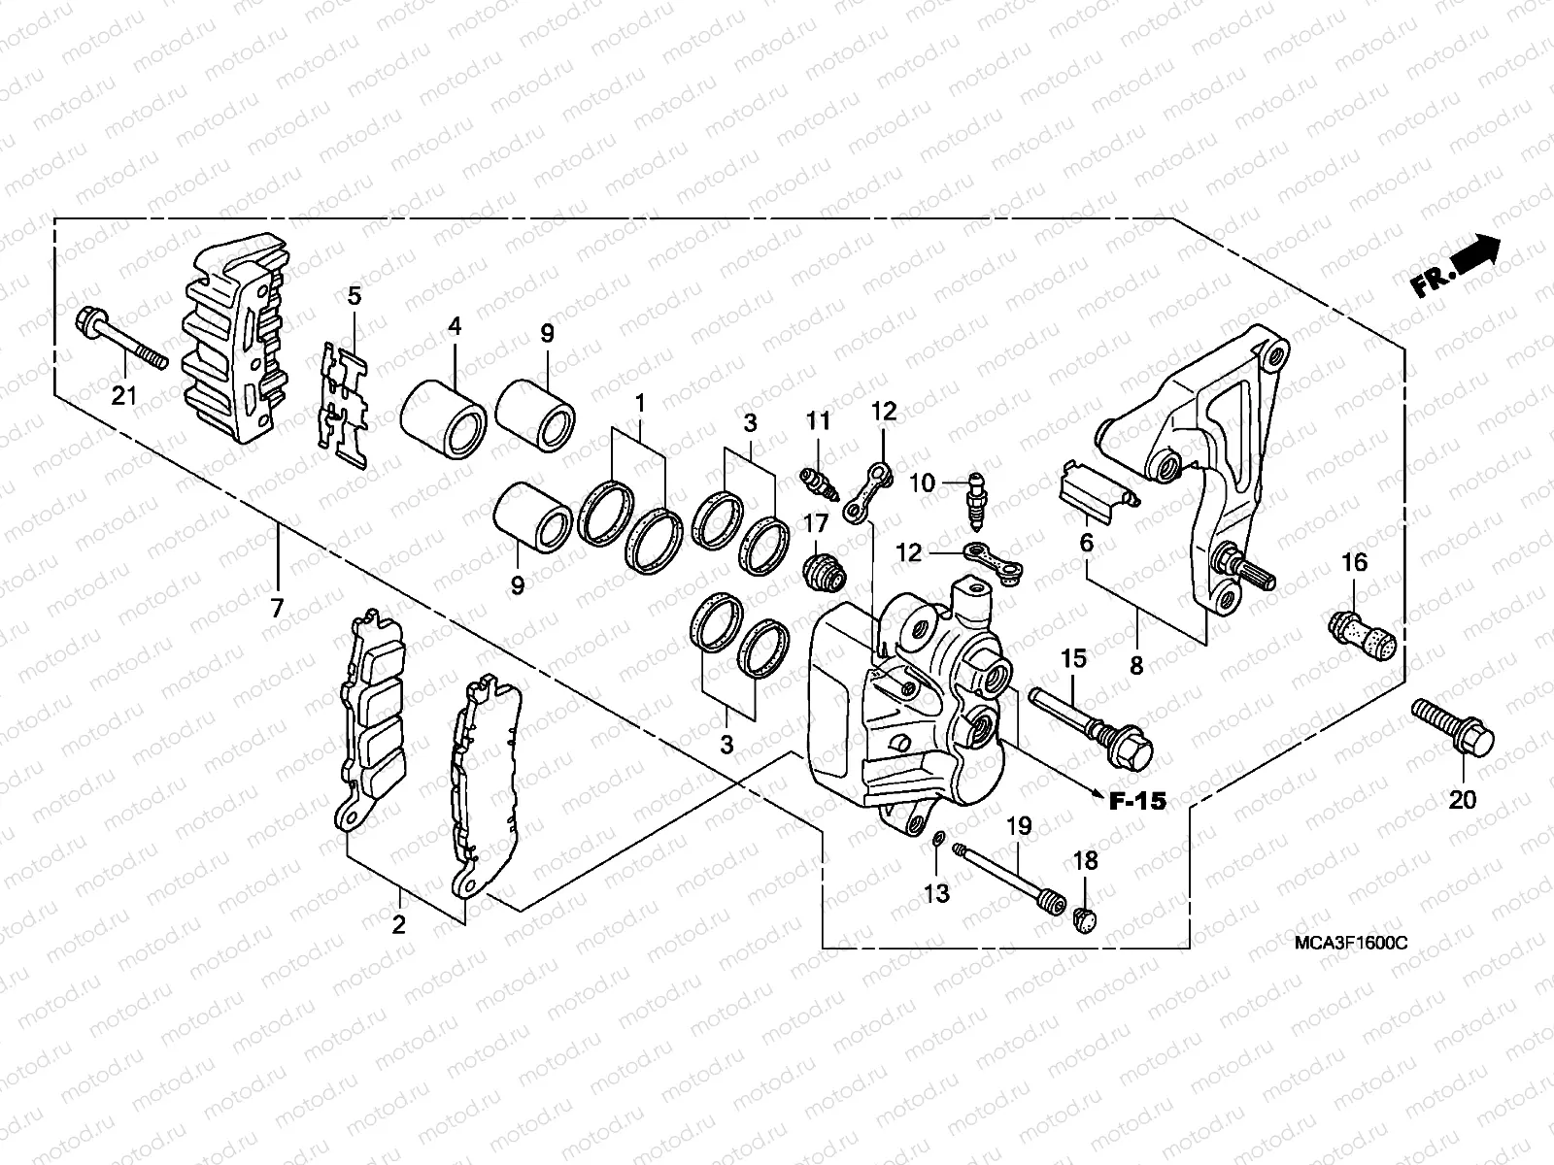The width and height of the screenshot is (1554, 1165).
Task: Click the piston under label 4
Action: coord(443,418)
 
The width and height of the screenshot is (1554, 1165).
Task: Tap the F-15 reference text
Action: coord(1137,801)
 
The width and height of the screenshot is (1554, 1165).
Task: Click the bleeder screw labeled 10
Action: coord(977,500)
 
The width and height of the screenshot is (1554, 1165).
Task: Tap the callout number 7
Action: coord(277,610)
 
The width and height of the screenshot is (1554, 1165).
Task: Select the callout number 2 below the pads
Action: coord(398,924)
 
